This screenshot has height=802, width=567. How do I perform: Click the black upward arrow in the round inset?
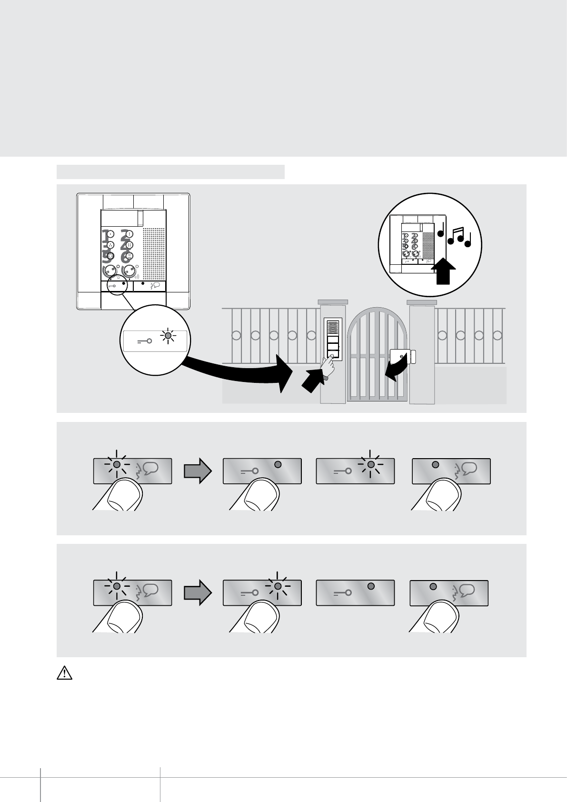pyautogui.click(x=442, y=271)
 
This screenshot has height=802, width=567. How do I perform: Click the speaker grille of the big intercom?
pyautogui.click(x=153, y=252)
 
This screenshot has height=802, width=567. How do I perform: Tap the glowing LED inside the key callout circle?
pyautogui.click(x=168, y=336)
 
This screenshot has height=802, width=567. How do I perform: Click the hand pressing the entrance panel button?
pyautogui.click(x=327, y=368)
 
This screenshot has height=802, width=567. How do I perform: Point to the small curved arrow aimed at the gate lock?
pyautogui.click(x=398, y=371)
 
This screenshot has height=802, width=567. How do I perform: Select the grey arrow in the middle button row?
pyautogui.click(x=197, y=471)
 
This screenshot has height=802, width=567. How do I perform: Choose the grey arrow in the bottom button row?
pyautogui.click(x=197, y=592)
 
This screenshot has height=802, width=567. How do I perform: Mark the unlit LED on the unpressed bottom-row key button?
pyautogui.click(x=371, y=586)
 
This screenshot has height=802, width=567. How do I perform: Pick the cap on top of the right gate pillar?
pyautogui.click(x=422, y=302)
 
